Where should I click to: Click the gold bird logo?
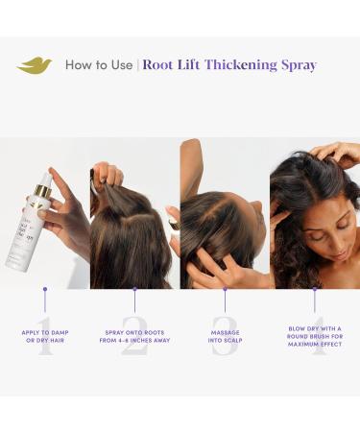tap(35, 65)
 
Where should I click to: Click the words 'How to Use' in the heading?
tap(99, 65)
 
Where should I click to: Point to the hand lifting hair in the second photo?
tap(108, 176)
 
